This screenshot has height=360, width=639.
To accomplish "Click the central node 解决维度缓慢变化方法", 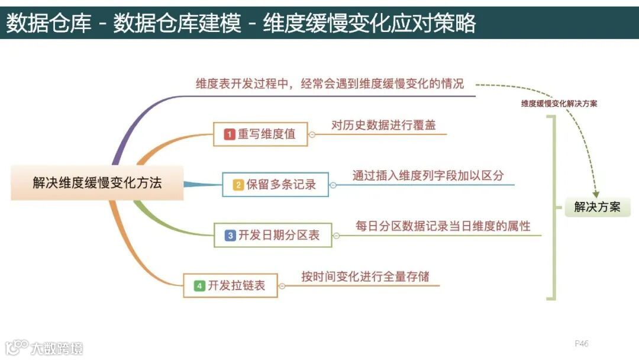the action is [97, 183].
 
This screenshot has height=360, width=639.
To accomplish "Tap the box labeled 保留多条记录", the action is [275, 185].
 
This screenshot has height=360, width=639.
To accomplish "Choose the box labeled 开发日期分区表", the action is [272, 235].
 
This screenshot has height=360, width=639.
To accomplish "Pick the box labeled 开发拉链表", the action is [230, 286].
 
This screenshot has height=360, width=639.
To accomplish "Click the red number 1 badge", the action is [230, 134].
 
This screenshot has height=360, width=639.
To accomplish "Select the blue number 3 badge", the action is [230, 236].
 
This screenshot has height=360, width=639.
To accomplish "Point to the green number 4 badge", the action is [200, 286].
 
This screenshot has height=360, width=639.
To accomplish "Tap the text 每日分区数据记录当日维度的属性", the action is [443, 226].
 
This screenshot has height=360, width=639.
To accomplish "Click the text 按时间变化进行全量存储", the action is [365, 277].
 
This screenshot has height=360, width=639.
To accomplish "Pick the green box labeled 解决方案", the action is [598, 207].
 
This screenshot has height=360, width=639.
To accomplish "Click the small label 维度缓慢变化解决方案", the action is [559, 103].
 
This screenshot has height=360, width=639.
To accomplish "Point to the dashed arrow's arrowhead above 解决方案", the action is [596, 193].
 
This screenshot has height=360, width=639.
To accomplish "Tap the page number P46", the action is [581, 343].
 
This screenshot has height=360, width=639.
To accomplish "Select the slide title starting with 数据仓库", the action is [240, 23].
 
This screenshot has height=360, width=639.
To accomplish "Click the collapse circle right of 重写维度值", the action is [312, 134].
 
